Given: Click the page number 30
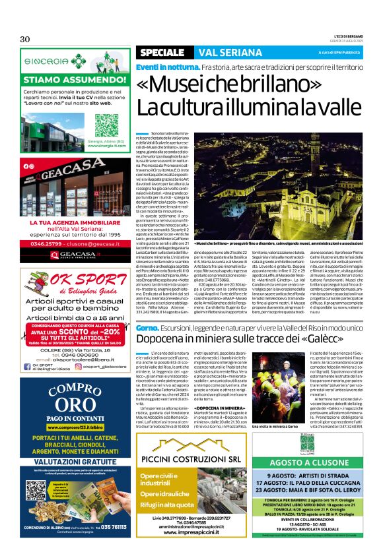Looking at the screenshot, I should tap(25, 39).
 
